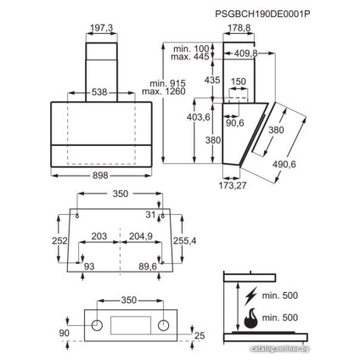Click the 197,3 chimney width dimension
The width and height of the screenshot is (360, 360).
click(x=100, y=28)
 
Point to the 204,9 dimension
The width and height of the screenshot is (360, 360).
click(x=143, y=237)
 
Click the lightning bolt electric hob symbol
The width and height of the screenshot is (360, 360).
click(x=250, y=296)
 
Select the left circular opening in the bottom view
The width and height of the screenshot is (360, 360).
click(x=98, y=324)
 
